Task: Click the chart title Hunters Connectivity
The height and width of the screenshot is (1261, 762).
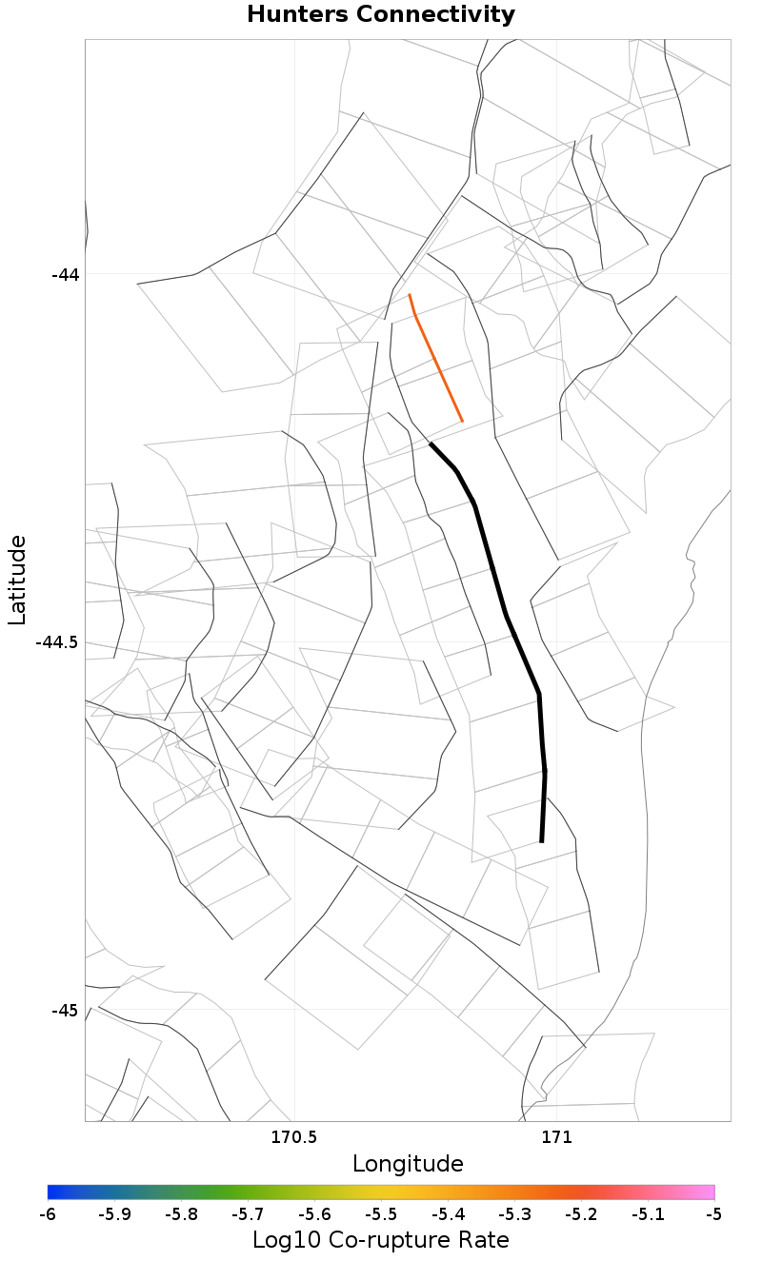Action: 381,15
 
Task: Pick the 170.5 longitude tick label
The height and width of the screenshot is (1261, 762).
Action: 294,1137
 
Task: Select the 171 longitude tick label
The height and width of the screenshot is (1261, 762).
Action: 555,1137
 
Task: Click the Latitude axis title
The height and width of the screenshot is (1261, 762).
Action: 17,580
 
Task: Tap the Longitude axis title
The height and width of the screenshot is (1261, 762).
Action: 408,1164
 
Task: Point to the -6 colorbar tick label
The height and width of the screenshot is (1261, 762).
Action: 48,1214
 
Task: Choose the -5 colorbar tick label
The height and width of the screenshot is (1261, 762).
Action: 714,1214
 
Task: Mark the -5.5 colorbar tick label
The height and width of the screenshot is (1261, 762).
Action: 381,1214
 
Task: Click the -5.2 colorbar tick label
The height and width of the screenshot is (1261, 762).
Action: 581,1214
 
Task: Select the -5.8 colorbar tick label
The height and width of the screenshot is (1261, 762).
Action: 181,1214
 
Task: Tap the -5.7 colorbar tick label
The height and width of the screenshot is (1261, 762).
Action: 248,1214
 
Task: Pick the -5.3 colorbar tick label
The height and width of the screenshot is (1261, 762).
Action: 514,1214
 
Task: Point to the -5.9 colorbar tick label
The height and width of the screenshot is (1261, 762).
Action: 114,1214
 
